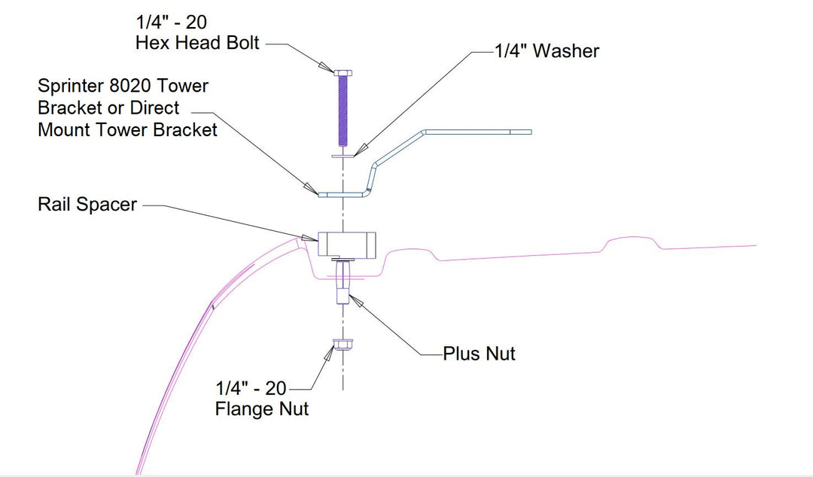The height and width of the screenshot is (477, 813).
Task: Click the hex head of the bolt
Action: (343, 72)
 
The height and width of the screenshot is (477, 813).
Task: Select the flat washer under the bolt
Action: (343, 156)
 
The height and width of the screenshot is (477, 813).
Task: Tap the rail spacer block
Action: (346, 245)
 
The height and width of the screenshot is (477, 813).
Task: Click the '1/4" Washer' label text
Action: (547, 51)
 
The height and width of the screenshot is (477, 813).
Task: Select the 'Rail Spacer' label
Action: (87, 204)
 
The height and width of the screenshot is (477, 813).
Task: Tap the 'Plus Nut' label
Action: (479, 354)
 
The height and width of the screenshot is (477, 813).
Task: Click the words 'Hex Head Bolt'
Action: (197, 43)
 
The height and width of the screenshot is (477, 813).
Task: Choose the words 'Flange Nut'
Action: (261, 410)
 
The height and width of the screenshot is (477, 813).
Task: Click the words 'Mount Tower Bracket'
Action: (127, 129)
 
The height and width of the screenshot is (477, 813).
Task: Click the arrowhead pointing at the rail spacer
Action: (309, 238)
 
